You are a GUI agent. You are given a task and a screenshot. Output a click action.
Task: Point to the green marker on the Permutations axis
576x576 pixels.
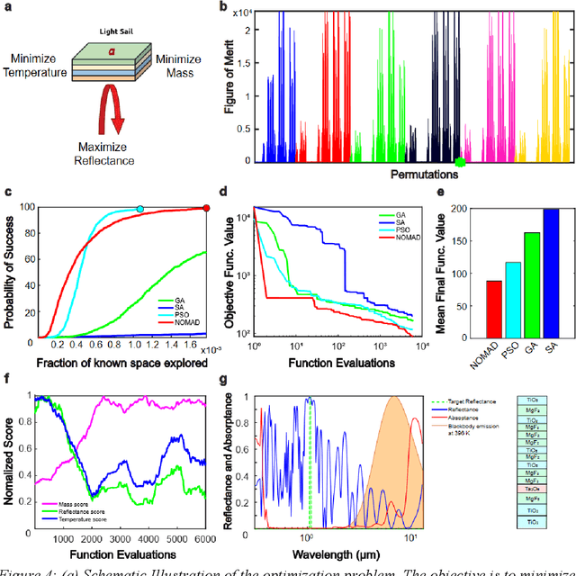[461, 163]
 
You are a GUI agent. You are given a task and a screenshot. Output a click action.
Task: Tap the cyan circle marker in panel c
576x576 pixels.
[139, 209]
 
